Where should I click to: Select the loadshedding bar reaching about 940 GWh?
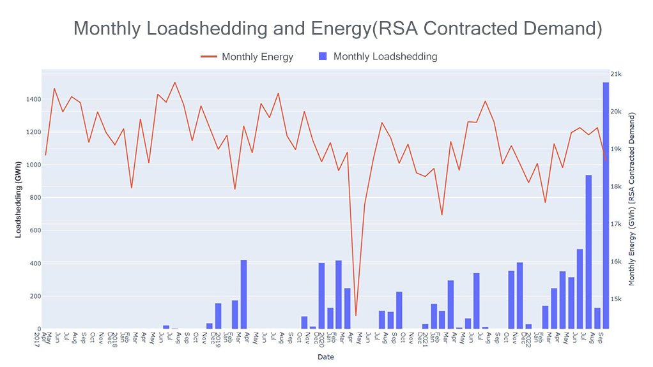pos(588,251)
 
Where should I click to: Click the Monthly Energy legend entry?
pos(257,57)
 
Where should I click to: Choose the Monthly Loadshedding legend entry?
pos(385,56)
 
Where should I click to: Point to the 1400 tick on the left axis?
pos(31,100)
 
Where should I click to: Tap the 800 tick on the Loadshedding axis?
pos(33,198)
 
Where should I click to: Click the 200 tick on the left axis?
pos(33,296)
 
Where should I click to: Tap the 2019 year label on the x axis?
pos(218,338)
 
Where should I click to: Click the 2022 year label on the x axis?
pos(528,338)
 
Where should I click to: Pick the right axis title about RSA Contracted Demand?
pos(633,198)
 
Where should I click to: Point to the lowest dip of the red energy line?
pos(356,315)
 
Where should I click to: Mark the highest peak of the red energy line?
pos(175,82)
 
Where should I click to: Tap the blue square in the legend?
pos(322,57)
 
